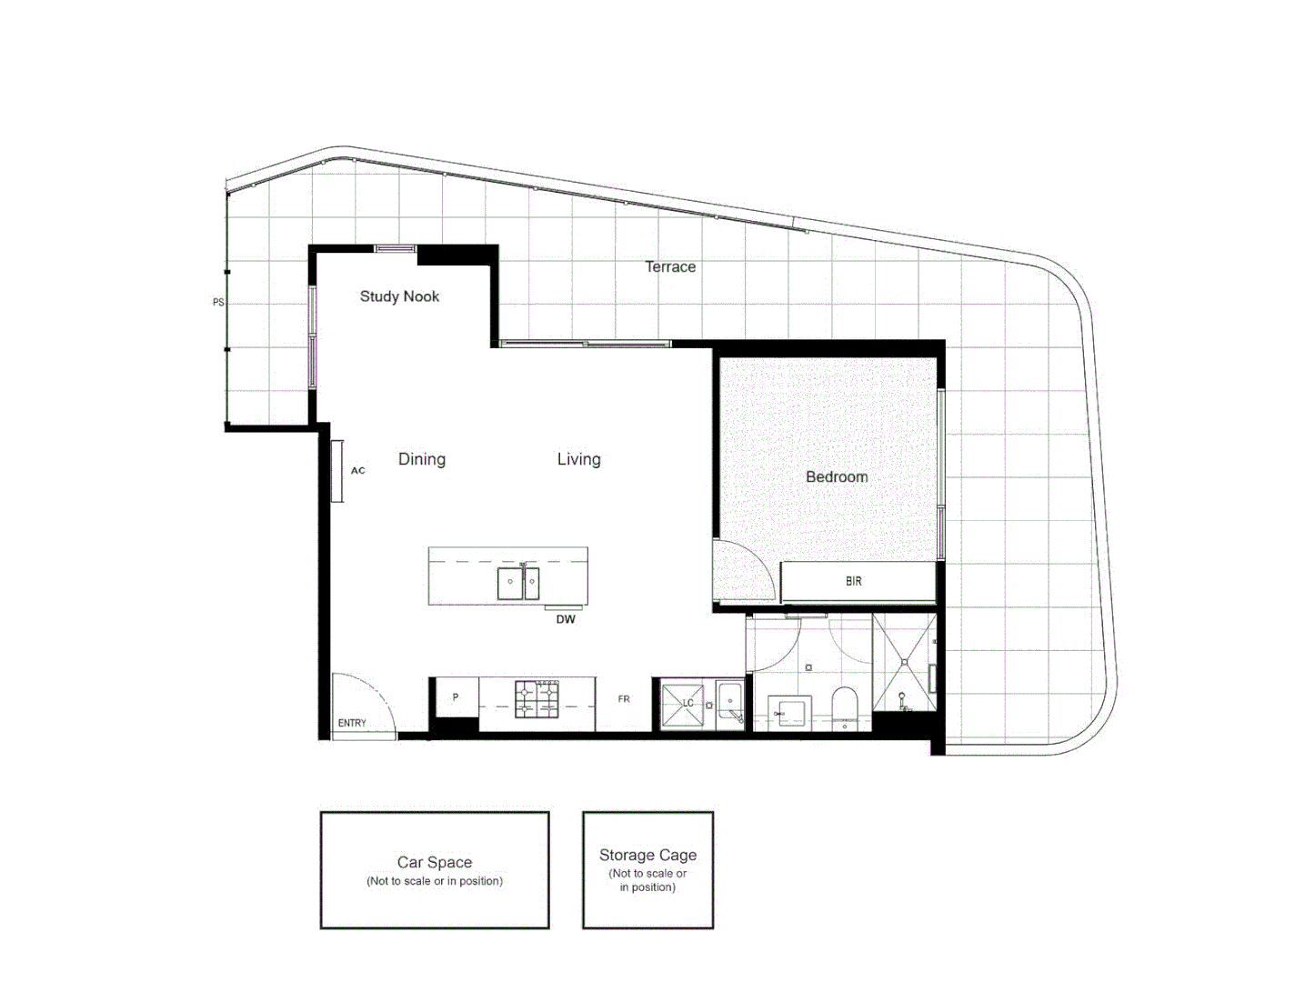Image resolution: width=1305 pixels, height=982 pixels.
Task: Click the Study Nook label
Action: tap(399, 296)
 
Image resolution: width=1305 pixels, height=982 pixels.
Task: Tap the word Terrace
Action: tap(670, 266)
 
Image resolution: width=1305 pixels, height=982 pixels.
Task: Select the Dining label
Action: tap(422, 459)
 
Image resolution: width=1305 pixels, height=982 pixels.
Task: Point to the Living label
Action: tap(578, 459)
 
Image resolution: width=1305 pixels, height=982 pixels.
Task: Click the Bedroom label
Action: tap(837, 476)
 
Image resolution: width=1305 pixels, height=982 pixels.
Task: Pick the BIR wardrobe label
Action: tap(853, 581)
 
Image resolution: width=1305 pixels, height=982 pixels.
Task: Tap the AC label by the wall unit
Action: tap(358, 470)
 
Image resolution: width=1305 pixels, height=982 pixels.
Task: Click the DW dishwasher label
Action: tap(566, 619)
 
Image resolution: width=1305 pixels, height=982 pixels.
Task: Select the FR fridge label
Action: tap(624, 699)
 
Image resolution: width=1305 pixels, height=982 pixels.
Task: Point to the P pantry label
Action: tap(456, 697)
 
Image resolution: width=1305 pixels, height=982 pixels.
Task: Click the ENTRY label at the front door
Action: tap(352, 723)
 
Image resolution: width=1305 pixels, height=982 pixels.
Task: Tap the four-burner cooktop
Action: tap(537, 698)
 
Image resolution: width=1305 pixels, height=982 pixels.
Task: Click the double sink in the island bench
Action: tap(518, 584)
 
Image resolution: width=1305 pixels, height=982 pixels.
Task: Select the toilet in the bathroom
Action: tap(845, 706)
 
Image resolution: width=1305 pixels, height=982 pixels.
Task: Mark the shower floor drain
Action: tap(904, 662)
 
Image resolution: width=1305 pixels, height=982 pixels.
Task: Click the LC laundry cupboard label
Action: tap(688, 703)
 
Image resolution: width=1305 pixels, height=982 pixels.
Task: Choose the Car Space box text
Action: tap(435, 862)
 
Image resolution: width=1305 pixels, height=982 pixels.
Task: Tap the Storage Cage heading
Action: tap(647, 855)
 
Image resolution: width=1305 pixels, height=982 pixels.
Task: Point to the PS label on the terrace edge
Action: tap(218, 302)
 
